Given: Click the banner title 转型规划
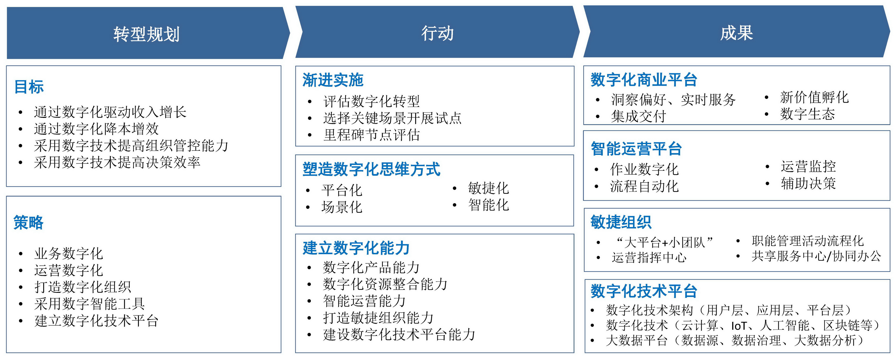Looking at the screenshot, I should (146, 34).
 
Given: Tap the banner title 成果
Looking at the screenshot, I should (736, 33).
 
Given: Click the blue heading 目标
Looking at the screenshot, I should (29, 87).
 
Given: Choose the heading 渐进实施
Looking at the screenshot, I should (333, 80).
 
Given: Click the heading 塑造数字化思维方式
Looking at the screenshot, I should (371, 169).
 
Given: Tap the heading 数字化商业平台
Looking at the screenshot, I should (644, 80).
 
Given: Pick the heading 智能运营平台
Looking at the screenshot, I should (636, 149).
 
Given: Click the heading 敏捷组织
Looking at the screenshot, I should (621, 222).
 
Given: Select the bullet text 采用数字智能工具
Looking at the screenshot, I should (89, 304).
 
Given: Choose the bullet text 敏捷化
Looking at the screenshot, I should (488, 188).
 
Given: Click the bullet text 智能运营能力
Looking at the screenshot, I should (364, 301).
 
